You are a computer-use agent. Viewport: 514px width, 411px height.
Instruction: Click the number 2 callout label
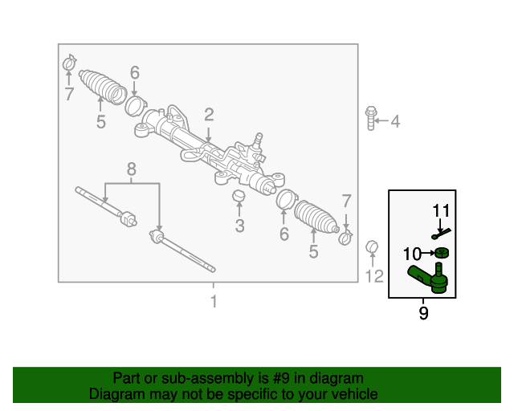[x=209, y=115]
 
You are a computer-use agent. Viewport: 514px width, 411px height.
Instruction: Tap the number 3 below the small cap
[x=239, y=226]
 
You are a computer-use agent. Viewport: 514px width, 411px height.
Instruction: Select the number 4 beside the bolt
[x=395, y=121]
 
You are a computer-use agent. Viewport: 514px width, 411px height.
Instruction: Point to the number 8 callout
[x=131, y=169]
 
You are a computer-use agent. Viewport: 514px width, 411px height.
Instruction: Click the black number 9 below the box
[x=423, y=313]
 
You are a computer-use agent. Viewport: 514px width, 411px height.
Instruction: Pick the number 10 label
[x=412, y=254]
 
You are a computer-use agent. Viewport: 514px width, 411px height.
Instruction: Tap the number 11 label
[x=441, y=210]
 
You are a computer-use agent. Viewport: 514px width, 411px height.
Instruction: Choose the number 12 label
[x=374, y=276]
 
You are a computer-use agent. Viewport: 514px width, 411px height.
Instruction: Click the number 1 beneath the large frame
[x=214, y=301]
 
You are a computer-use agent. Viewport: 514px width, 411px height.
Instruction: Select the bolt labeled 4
[x=371, y=118]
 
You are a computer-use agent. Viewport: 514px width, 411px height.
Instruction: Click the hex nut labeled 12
[x=372, y=246]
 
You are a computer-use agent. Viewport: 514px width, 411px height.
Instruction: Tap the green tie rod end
[x=428, y=279]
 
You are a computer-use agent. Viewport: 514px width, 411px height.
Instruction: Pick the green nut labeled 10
[x=442, y=253]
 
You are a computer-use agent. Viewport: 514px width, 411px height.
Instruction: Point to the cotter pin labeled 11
[x=441, y=234]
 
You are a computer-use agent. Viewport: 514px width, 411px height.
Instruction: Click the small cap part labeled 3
[x=239, y=196]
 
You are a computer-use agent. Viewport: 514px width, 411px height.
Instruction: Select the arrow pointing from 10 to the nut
[x=428, y=253]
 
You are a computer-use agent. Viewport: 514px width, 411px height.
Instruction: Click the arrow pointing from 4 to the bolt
[x=381, y=120]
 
